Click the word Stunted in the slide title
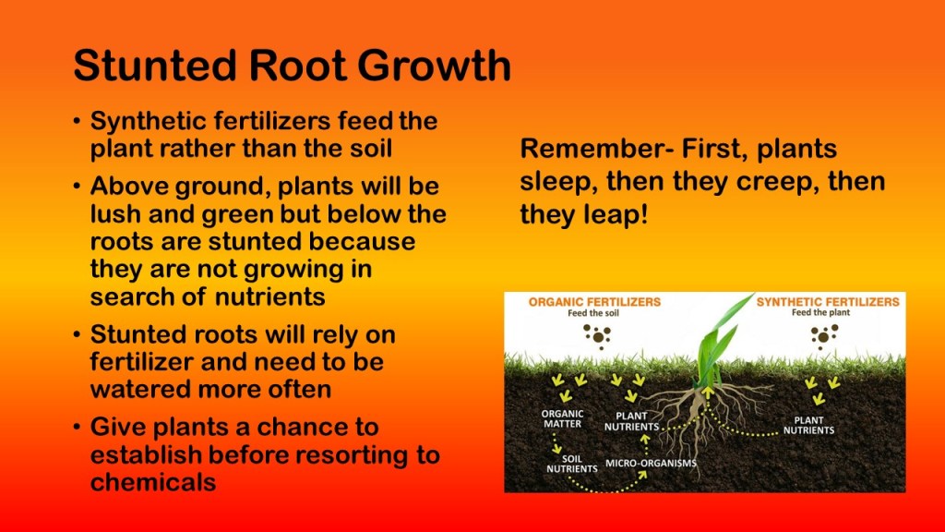155,66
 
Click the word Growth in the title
434,66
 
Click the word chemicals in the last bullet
153,482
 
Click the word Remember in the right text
588,149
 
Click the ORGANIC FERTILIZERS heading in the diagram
594,302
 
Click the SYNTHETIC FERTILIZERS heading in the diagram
828,302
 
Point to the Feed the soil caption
593,313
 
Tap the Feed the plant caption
820,312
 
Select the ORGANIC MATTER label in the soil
562,418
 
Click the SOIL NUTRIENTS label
572,464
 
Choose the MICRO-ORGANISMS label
651,464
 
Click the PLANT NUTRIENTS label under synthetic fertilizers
808,425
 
